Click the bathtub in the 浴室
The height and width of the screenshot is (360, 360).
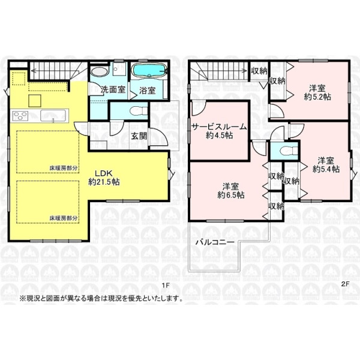point(149,70)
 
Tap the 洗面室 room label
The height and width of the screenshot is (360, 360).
point(113,89)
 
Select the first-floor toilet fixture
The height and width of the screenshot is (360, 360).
point(139,111)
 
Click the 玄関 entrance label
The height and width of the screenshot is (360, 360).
point(139,136)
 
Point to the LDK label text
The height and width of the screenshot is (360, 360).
point(104,173)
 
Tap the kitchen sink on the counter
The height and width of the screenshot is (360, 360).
point(53,115)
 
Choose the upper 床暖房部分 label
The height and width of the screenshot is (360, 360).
point(64,168)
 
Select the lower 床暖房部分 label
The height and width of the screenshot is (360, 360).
point(64,218)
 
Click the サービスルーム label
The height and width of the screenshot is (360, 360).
point(219,127)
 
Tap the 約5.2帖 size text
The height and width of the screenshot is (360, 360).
point(317,97)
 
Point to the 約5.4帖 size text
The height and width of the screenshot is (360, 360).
point(326,169)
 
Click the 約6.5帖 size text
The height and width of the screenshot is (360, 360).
point(231,195)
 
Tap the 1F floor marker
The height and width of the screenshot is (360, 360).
point(166,285)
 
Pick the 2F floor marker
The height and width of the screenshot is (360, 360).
point(345,284)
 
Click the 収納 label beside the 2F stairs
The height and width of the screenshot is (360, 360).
point(259,71)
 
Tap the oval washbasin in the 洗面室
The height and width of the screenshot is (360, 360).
point(100,71)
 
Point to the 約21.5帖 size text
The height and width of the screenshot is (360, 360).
point(104,182)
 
